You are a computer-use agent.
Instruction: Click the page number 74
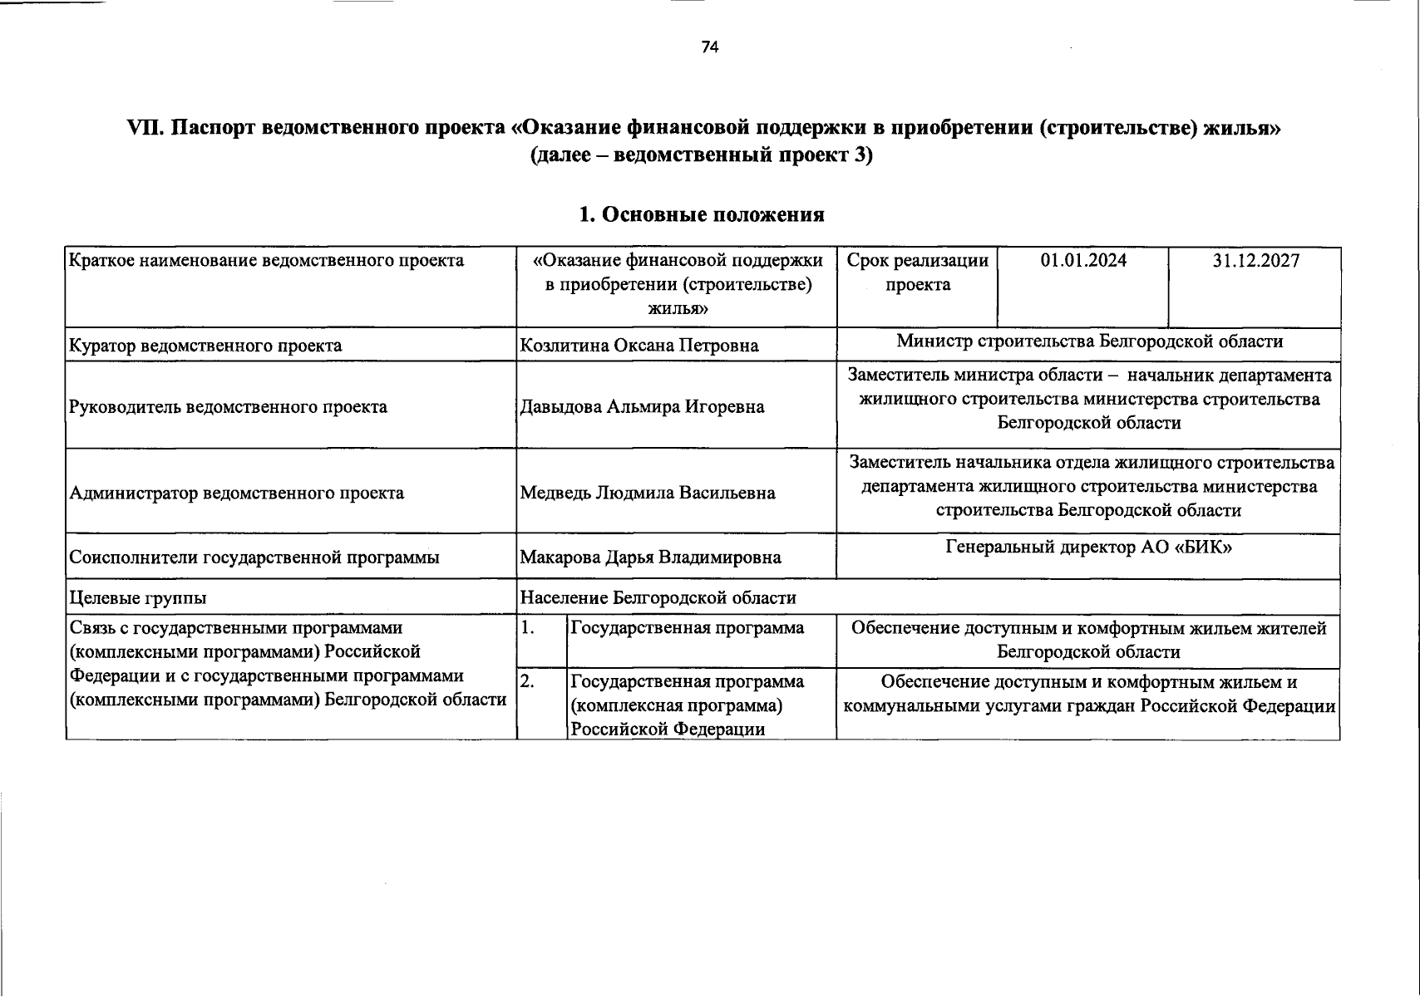[x=709, y=47]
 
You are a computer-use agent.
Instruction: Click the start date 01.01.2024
[x=1083, y=261]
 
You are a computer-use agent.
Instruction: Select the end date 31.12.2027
[x=1255, y=261]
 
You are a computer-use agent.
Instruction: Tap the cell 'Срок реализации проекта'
[x=917, y=273]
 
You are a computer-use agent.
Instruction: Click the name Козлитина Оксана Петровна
[x=639, y=346]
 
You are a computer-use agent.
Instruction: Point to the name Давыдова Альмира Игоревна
[x=642, y=407]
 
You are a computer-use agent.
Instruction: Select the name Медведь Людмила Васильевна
[x=647, y=494]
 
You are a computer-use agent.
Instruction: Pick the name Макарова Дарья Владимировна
[x=650, y=557]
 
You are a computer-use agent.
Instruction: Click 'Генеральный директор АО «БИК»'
[x=1088, y=548]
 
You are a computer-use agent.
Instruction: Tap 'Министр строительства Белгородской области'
[x=1089, y=341]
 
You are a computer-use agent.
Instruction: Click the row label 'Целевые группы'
[x=138, y=598]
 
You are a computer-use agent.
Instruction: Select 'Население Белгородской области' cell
[x=658, y=598]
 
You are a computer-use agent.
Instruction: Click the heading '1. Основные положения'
[x=701, y=214]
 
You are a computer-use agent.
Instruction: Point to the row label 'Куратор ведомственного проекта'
[x=205, y=346]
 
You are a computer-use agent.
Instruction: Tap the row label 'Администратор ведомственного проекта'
[x=236, y=494]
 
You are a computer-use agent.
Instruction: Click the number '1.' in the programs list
[x=527, y=629]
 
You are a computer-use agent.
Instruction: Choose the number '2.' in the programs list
[x=527, y=682]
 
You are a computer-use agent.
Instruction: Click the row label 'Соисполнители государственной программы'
[x=254, y=557]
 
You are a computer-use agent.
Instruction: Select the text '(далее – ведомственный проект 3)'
[x=701, y=155]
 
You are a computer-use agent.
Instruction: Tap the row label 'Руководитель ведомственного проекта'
[x=228, y=407]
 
